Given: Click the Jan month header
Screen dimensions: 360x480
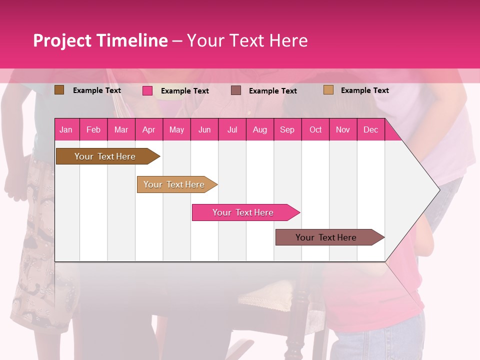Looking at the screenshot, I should [x=66, y=129].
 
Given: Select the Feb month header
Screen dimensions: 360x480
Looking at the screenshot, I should [x=93, y=129].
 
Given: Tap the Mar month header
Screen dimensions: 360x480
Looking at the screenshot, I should [x=121, y=129].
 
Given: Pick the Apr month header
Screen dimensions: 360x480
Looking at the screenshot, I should [x=148, y=129].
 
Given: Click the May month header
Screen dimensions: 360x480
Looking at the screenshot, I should [x=176, y=129].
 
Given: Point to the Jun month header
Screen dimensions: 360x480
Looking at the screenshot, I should [x=204, y=129].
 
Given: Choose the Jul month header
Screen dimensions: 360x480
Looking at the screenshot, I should [x=232, y=129].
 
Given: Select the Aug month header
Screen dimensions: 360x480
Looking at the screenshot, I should [x=259, y=129].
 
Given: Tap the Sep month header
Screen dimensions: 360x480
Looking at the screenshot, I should [x=287, y=129].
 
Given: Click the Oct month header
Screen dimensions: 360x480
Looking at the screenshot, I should [x=315, y=129].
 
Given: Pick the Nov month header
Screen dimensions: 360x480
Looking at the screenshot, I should [x=343, y=129].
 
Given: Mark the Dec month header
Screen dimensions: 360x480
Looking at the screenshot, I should [x=370, y=129].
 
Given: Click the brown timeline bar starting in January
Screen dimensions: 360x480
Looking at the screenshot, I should [x=105, y=156].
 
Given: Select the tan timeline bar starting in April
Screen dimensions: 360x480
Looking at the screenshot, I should [x=174, y=184].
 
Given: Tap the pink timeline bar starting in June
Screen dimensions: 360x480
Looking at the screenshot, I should [x=243, y=212].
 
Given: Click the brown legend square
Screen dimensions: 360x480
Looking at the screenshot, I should [x=59, y=90].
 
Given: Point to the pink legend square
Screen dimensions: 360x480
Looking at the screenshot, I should [x=147, y=90].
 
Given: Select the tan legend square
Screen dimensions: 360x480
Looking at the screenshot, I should [x=328, y=90].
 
